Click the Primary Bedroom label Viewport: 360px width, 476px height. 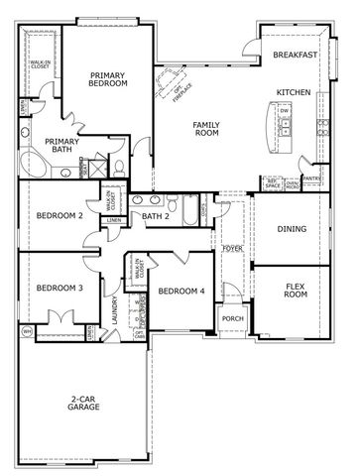[x=107, y=79]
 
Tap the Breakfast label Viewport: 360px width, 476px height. [x=295, y=56]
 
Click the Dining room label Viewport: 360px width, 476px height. [x=291, y=229]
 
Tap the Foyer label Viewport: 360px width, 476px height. [x=233, y=248]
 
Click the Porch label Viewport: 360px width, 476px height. [x=233, y=318]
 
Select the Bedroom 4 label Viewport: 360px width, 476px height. [x=180, y=291]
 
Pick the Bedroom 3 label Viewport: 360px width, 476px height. [x=60, y=289]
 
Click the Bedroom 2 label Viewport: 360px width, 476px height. [x=59, y=215]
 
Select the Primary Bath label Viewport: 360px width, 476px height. [x=60, y=146]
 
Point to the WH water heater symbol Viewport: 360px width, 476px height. [x=27, y=330]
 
